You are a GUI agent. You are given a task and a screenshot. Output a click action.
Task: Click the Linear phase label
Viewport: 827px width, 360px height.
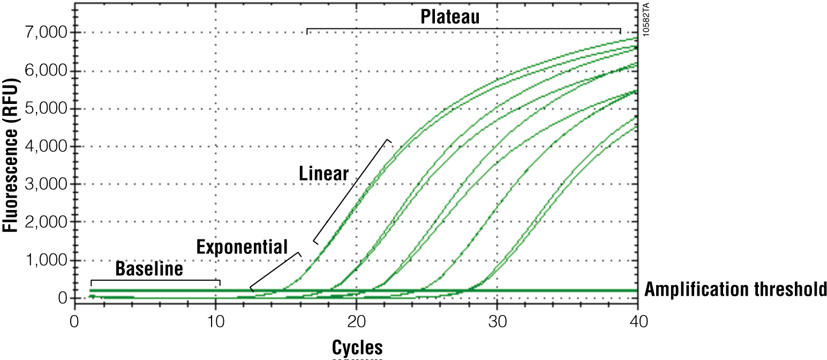[x=324, y=174]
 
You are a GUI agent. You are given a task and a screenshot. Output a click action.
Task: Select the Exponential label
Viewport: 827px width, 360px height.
[x=242, y=247]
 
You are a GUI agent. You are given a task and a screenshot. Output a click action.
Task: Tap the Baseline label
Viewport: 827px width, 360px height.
[x=149, y=268]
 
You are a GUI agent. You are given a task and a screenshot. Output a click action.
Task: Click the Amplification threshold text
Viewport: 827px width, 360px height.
[x=735, y=290]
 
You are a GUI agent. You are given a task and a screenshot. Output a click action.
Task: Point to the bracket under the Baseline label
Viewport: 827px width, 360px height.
[x=155, y=280]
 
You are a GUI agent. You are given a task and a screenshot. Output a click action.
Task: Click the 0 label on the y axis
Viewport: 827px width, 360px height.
[x=62, y=298]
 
